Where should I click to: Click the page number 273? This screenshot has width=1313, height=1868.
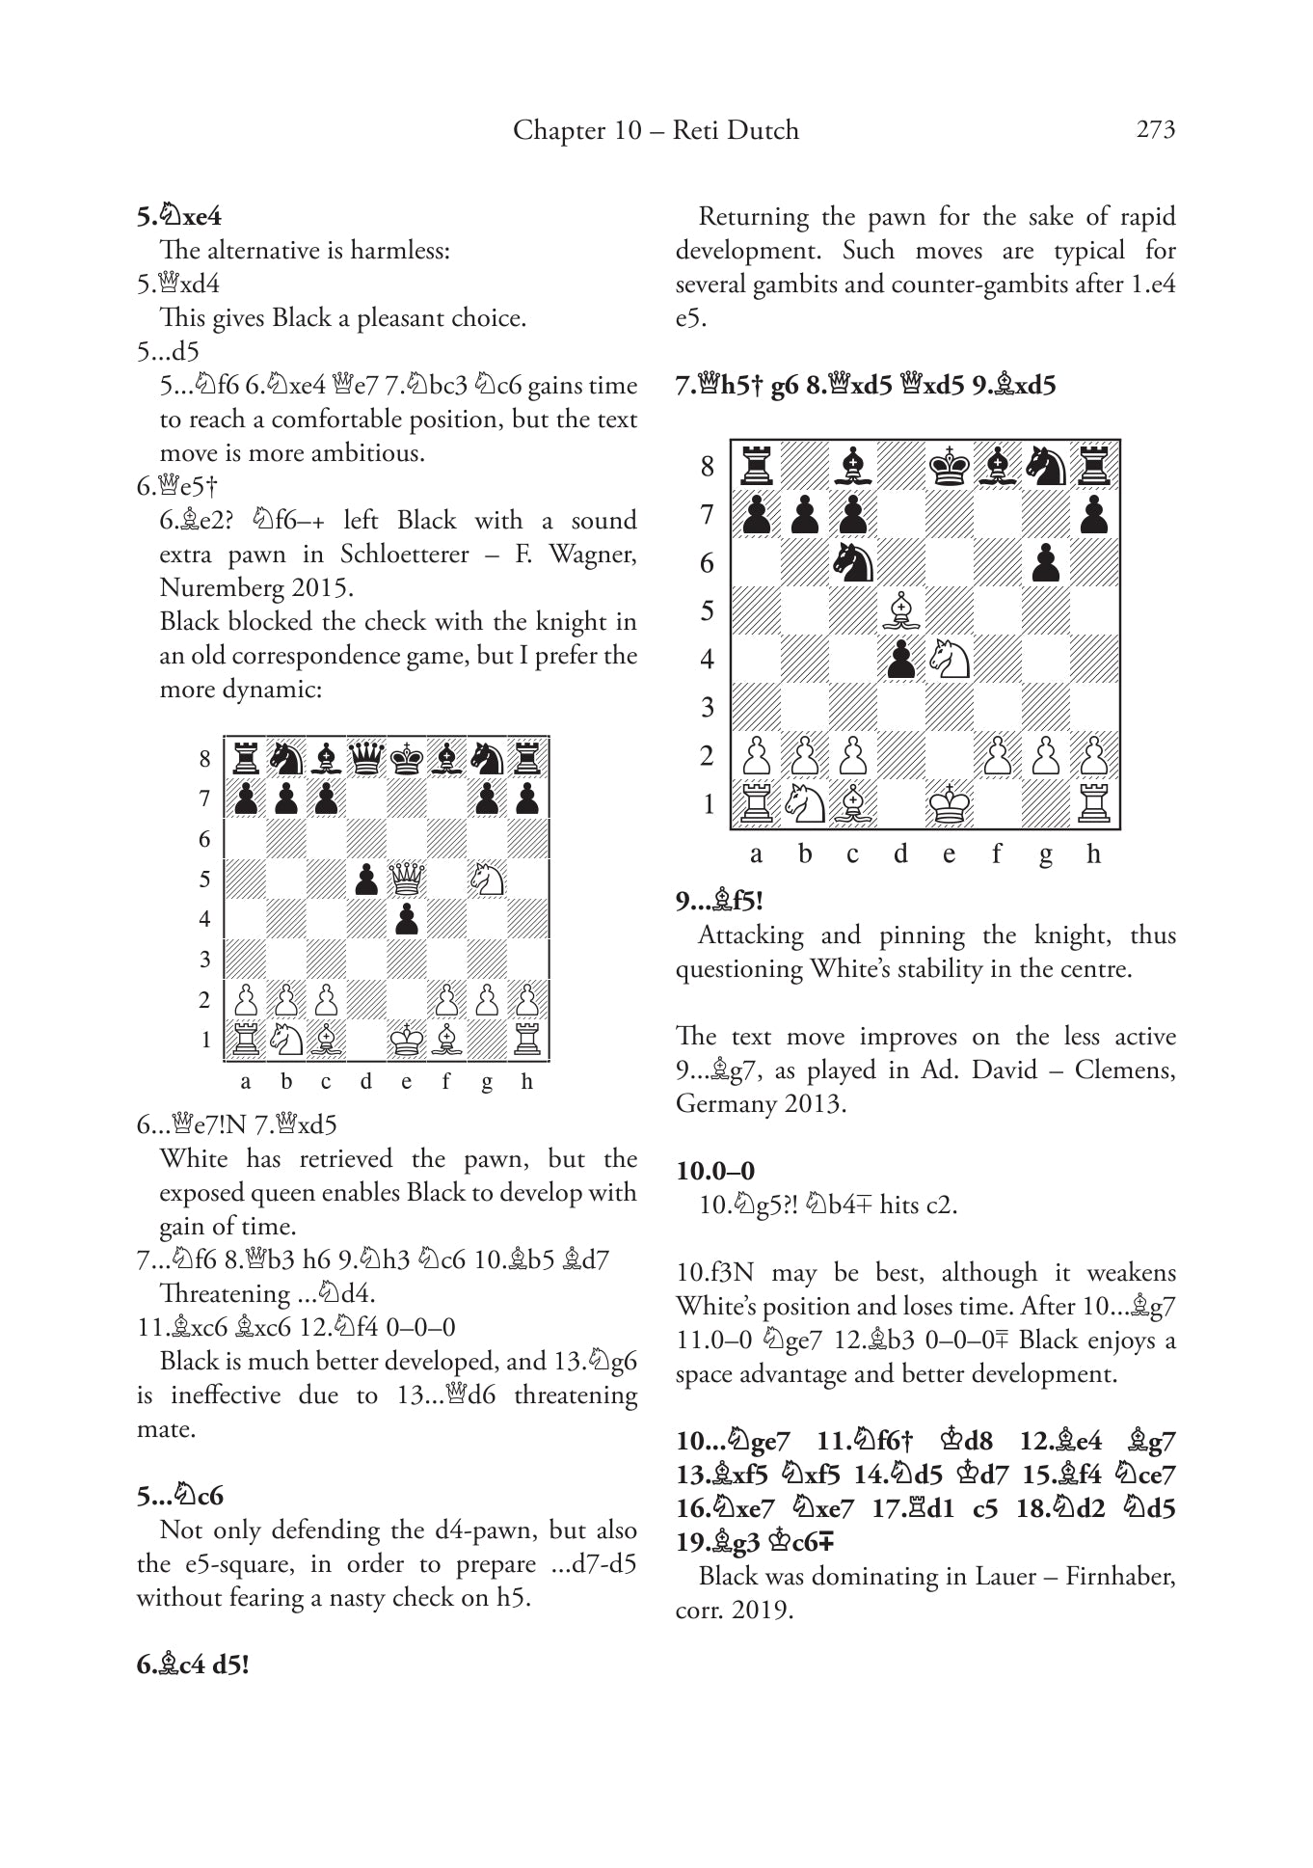pos(1155,129)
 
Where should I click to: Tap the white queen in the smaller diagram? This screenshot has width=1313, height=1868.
pos(406,879)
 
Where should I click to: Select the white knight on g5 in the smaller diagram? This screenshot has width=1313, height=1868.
pos(487,879)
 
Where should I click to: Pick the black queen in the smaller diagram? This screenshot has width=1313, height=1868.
pos(366,758)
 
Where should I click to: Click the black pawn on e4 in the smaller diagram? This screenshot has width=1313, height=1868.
pos(406,919)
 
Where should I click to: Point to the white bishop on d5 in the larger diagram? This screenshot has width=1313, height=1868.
pos(900,610)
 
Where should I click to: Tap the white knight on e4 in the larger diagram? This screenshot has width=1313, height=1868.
pos(949,659)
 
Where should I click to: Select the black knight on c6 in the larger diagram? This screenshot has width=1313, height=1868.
pos(852,562)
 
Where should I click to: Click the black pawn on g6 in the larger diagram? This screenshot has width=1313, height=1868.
pos(1045,562)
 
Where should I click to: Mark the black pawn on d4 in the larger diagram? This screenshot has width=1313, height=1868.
pos(900,659)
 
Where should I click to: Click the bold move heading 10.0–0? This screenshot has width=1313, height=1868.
pos(715,1171)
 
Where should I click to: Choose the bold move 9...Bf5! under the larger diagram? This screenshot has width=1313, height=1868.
pos(719,902)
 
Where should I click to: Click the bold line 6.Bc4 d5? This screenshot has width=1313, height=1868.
pos(193,1665)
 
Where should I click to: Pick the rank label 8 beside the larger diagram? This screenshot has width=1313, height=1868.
pos(708,467)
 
